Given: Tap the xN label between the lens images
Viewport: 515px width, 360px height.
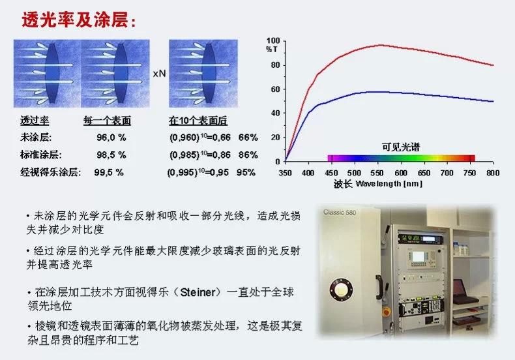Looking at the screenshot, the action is [159, 74].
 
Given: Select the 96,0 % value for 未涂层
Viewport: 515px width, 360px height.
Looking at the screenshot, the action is [111, 138].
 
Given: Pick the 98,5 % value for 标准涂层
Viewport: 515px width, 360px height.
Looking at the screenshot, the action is [111, 155].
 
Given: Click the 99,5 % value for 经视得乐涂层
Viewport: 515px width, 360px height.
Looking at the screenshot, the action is [109, 172].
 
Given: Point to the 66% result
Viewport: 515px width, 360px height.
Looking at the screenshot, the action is [248, 138].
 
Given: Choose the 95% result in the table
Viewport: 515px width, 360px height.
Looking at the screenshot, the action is [246, 172].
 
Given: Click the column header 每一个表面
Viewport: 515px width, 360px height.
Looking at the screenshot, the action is [107, 121].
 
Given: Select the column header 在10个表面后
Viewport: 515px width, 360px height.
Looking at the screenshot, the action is [198, 121].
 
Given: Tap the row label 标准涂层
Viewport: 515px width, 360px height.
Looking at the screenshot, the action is [40, 155].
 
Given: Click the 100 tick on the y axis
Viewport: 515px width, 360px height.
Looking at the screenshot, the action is [273, 40].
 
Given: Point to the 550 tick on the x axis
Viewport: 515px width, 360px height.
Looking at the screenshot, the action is [377, 173].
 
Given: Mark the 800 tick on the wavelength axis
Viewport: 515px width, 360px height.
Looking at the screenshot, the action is [493, 173].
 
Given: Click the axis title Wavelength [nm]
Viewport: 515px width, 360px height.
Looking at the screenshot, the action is [389, 184].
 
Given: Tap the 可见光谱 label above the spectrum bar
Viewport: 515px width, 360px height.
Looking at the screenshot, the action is [401, 147].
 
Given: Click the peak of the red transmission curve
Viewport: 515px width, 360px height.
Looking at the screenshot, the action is [380, 45].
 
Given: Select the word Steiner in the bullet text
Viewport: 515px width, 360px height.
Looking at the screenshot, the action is [198, 292].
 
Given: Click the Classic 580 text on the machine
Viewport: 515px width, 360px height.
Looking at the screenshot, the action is [340, 212].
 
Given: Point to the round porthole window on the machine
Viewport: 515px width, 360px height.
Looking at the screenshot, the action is [341, 290].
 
